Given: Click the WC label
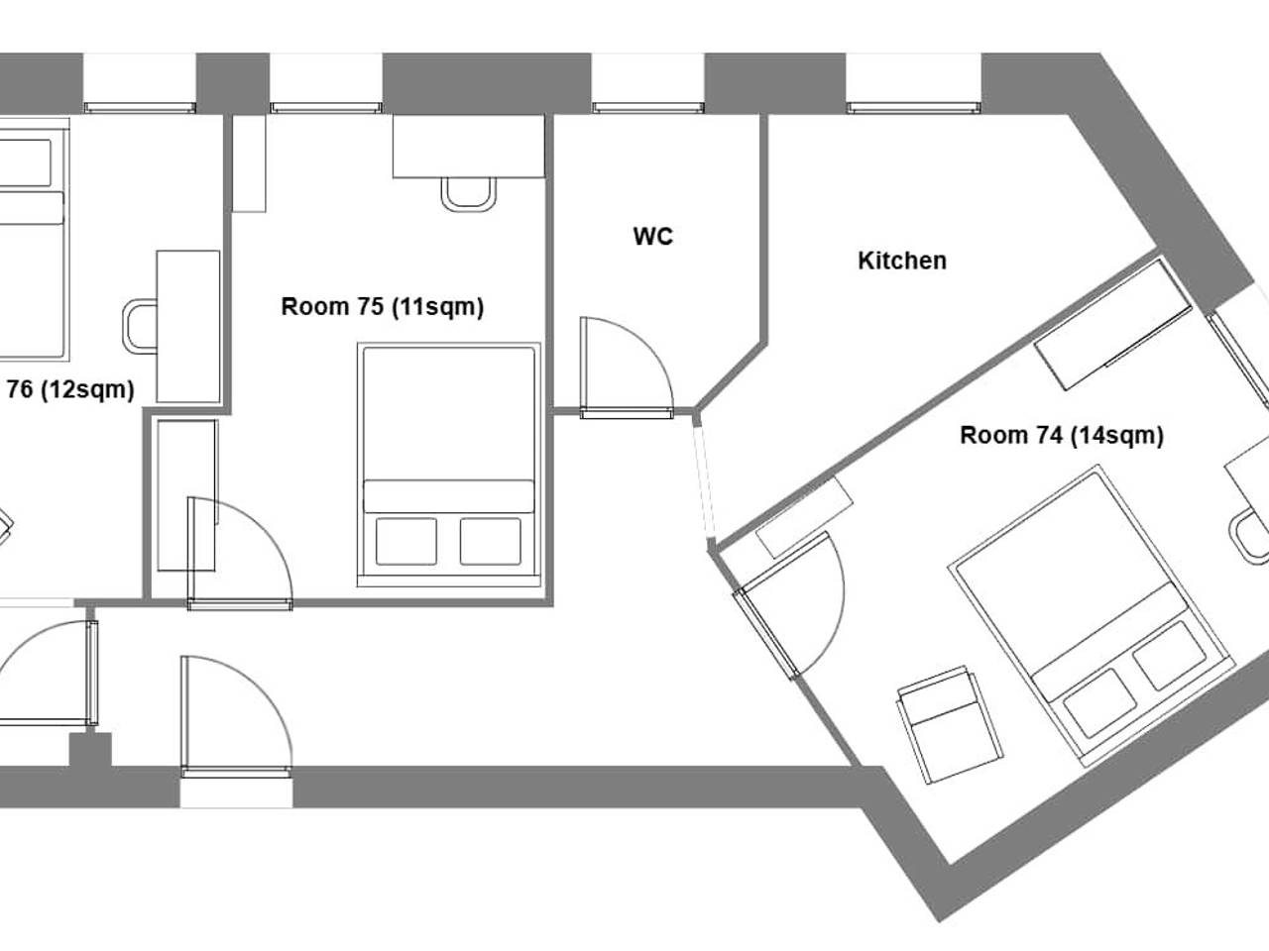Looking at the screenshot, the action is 652,237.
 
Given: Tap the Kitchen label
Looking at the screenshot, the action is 902,261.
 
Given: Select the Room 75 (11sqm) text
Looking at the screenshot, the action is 382,307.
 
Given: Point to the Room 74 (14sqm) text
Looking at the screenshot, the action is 1062,435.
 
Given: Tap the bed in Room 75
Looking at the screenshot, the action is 449,465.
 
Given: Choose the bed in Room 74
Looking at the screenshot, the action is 1092,615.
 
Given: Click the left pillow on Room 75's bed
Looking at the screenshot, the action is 405,541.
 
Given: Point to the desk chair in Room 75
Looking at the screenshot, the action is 468,194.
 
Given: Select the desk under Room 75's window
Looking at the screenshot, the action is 469,146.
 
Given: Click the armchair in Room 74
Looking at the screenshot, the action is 950,725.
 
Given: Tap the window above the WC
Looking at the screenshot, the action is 647,107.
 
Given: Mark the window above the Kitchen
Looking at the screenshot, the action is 913,107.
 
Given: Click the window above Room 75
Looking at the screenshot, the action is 326,107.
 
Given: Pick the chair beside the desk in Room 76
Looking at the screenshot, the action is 140,326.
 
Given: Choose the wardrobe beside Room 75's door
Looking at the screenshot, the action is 187,495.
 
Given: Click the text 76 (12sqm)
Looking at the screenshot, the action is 70,390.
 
